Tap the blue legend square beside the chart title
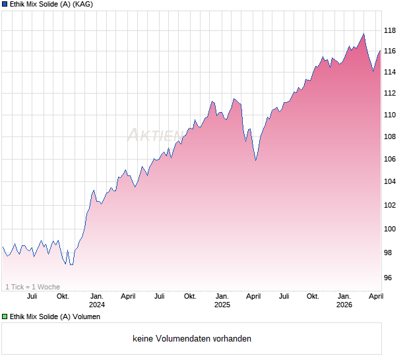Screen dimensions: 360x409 pos(5,5)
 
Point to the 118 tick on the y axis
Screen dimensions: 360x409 pos(389,30)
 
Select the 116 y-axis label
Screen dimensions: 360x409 pos(389,51)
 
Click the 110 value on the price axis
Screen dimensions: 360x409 pos(389,115)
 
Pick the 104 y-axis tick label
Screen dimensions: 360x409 pos(389,182)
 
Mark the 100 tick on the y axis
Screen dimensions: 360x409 pos(389,229)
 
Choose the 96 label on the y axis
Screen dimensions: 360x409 pos(389,278)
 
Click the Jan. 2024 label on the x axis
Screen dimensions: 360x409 pos(97,300)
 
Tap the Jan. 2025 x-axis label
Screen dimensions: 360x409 pos(222,300)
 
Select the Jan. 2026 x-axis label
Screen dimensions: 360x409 pos(344,300)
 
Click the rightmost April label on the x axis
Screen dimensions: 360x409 pos(375,296)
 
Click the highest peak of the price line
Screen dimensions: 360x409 pos(363,34)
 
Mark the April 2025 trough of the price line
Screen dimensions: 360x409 pos(256,160)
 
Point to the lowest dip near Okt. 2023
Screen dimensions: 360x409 pos(71,264)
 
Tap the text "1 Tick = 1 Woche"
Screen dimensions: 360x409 pos(33,287)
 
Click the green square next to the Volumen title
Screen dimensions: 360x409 pos(5,316)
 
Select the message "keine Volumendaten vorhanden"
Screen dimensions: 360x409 pos(192,339)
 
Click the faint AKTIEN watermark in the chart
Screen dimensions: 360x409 pos(154,135)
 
